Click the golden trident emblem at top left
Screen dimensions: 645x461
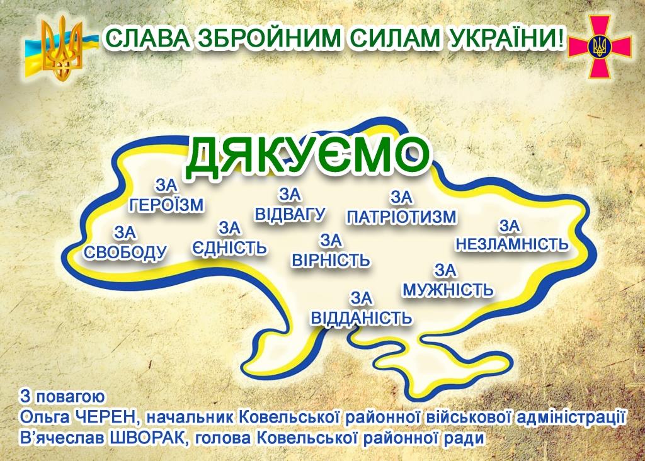coord(62,47)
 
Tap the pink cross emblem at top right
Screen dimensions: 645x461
coord(600,47)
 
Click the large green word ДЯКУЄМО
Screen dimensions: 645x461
coord(307,156)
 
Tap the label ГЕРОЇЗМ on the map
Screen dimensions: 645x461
coord(166,205)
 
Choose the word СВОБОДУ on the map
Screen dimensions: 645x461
coord(125,252)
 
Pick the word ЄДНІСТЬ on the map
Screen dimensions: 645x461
coord(229,248)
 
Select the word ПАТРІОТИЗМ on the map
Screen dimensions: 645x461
coord(401,217)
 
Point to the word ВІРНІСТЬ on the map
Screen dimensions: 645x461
coord(331,260)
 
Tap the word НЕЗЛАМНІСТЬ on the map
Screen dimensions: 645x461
coord(511,244)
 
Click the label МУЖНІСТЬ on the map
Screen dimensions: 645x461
coord(448,290)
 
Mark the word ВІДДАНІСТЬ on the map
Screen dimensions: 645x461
coord(361,317)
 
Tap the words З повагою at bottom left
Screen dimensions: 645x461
coord(62,397)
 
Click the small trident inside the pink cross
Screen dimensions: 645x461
coord(600,47)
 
